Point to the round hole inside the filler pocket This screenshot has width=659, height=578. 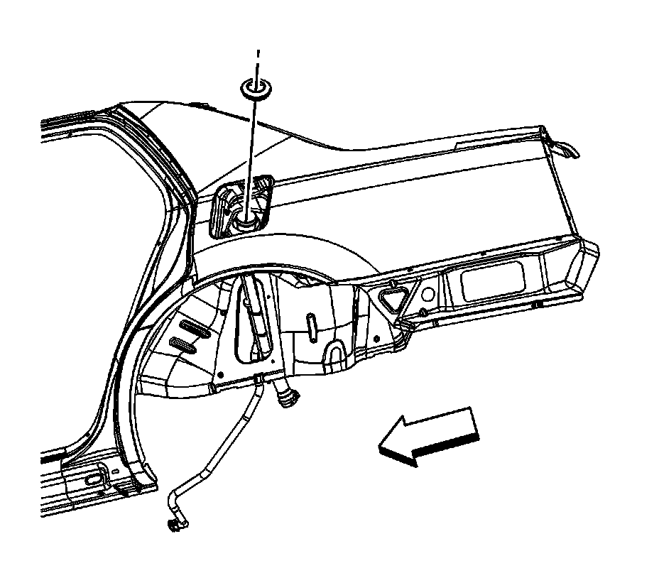[247, 222]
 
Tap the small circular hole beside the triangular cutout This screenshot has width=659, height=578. [429, 293]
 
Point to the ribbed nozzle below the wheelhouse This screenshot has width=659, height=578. [288, 398]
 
